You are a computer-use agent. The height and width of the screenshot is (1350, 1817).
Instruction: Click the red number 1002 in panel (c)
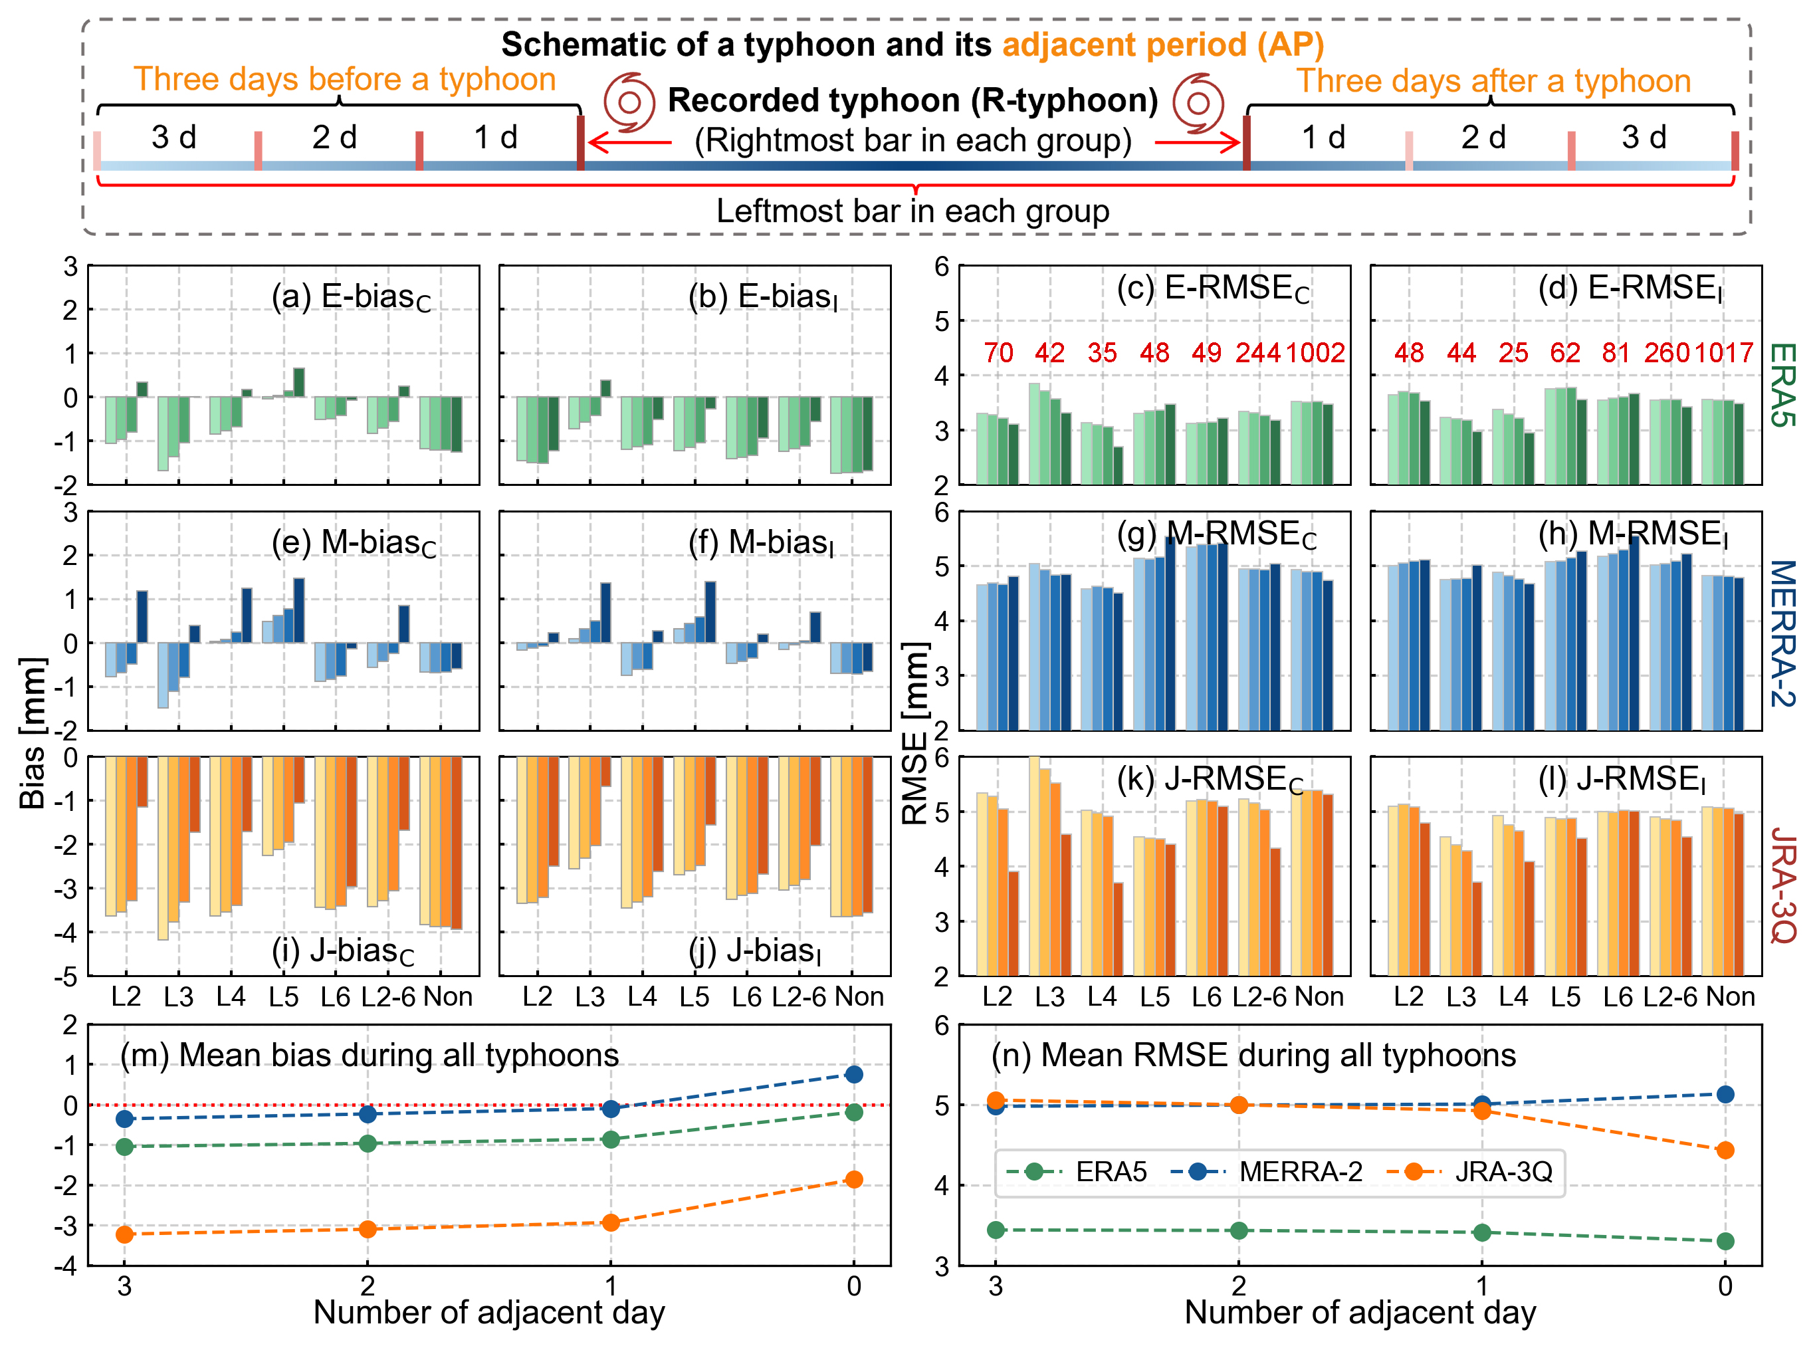click(x=1315, y=352)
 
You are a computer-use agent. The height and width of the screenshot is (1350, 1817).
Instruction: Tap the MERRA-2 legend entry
click(x=1300, y=1171)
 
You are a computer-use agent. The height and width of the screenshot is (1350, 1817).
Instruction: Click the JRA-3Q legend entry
click(x=1503, y=1171)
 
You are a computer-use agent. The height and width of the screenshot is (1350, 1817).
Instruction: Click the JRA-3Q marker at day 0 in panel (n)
click(x=1725, y=1150)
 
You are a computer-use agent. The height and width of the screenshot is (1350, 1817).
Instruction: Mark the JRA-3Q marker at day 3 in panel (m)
click(x=124, y=1234)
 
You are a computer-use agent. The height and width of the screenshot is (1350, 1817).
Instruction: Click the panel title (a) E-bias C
click(x=352, y=298)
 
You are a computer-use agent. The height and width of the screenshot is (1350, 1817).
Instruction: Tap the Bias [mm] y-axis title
click(x=33, y=732)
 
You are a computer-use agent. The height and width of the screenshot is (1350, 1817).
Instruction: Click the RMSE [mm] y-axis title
click(x=915, y=732)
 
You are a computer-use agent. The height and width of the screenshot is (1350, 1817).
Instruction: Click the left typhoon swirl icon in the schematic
click(x=629, y=102)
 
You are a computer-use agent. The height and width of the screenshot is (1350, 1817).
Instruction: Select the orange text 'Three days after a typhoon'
click(x=1493, y=81)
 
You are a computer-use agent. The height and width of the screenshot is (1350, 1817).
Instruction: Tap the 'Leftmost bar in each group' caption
click(x=912, y=211)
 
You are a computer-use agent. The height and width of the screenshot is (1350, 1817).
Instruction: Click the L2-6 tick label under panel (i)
click(x=388, y=996)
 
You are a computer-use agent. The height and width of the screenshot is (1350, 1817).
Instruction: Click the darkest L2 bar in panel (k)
click(x=1013, y=923)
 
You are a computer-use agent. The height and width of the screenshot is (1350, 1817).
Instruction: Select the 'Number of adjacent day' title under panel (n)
click(x=1360, y=1312)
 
